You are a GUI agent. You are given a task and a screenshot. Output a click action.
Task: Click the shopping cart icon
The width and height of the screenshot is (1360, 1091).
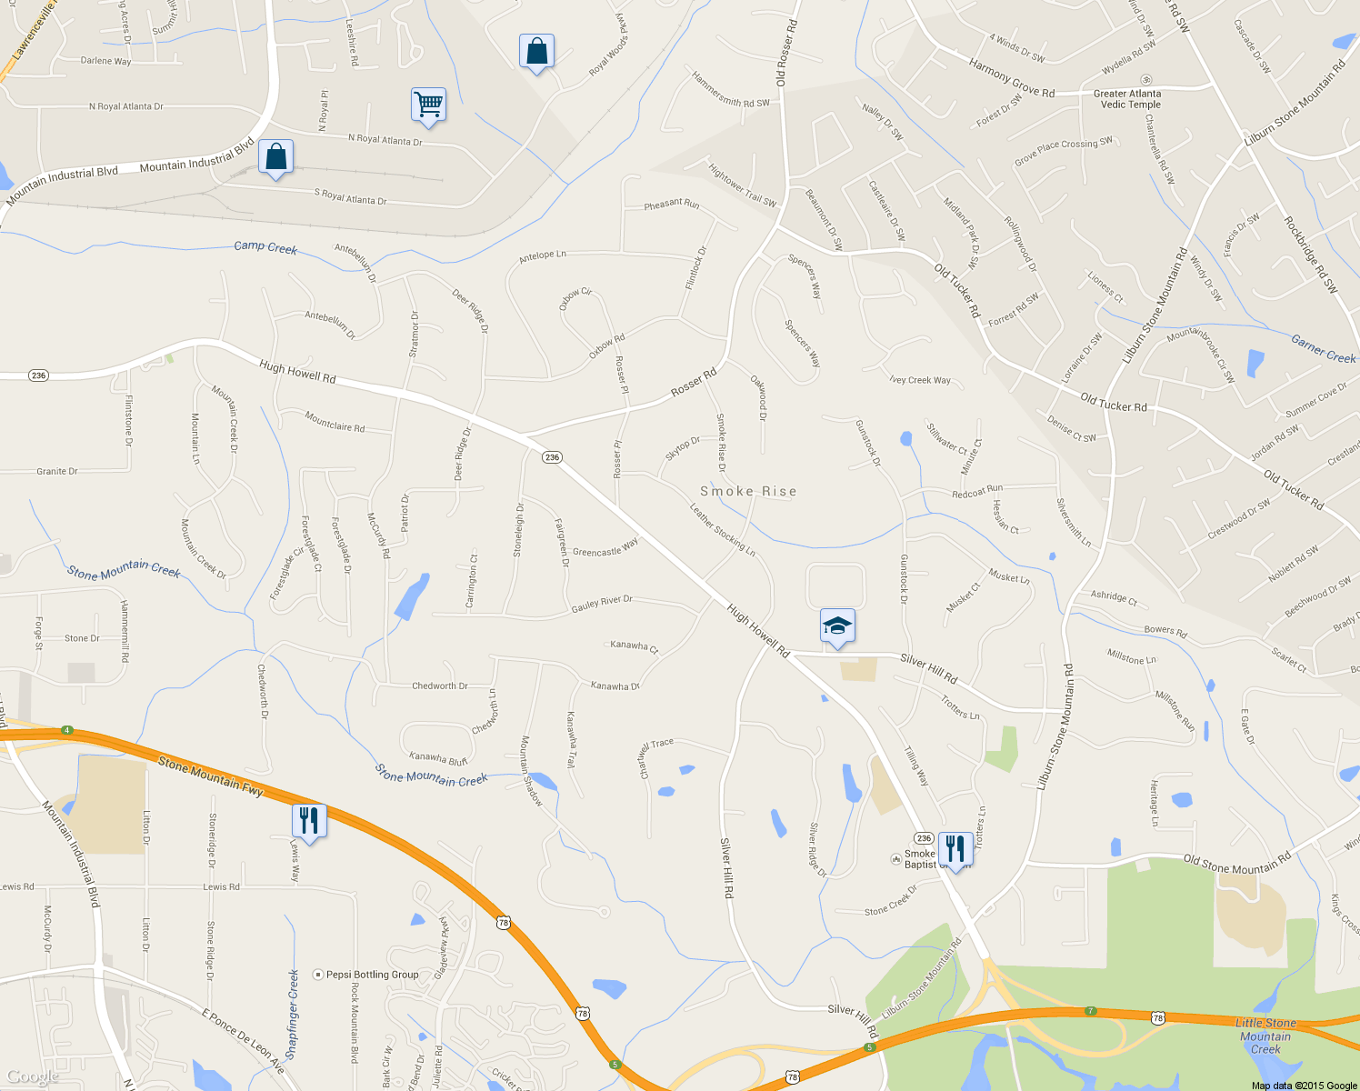click(x=428, y=105)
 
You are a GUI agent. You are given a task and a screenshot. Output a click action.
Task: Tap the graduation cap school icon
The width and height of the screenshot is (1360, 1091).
click(x=837, y=626)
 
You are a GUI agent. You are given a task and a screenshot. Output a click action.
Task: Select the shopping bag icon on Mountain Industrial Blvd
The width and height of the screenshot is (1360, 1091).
click(x=275, y=157)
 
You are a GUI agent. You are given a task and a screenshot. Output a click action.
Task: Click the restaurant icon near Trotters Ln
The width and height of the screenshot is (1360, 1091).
click(x=955, y=849)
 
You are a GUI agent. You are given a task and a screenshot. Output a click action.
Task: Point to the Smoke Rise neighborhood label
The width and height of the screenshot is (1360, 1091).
click(x=748, y=491)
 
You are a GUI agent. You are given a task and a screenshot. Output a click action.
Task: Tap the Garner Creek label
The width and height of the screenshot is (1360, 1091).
click(x=1323, y=349)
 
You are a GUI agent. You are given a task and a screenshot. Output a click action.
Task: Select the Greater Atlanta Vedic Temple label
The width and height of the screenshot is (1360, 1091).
click(x=1128, y=99)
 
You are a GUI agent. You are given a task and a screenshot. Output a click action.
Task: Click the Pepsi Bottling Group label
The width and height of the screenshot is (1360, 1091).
click(x=372, y=975)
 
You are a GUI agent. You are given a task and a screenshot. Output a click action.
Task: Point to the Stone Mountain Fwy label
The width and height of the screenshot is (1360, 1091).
click(x=211, y=776)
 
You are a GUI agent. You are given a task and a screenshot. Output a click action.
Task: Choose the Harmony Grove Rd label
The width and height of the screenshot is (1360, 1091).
click(x=1012, y=78)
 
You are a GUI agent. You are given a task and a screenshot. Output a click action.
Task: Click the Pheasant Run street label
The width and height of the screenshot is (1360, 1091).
click(x=672, y=204)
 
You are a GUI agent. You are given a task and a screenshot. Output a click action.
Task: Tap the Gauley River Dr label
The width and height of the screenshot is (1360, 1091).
click(x=602, y=603)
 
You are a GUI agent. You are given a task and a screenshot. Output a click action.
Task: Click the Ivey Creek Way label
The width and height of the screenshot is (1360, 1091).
click(x=921, y=380)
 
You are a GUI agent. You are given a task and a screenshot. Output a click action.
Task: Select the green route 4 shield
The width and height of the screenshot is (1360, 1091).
click(x=66, y=730)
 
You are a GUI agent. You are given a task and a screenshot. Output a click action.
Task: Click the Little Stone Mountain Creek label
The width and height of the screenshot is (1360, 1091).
click(x=1265, y=1036)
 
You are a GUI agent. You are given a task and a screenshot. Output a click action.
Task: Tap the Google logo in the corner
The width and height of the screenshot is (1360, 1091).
click(x=33, y=1076)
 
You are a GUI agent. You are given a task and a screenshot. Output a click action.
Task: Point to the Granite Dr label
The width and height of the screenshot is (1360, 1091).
click(x=57, y=471)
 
